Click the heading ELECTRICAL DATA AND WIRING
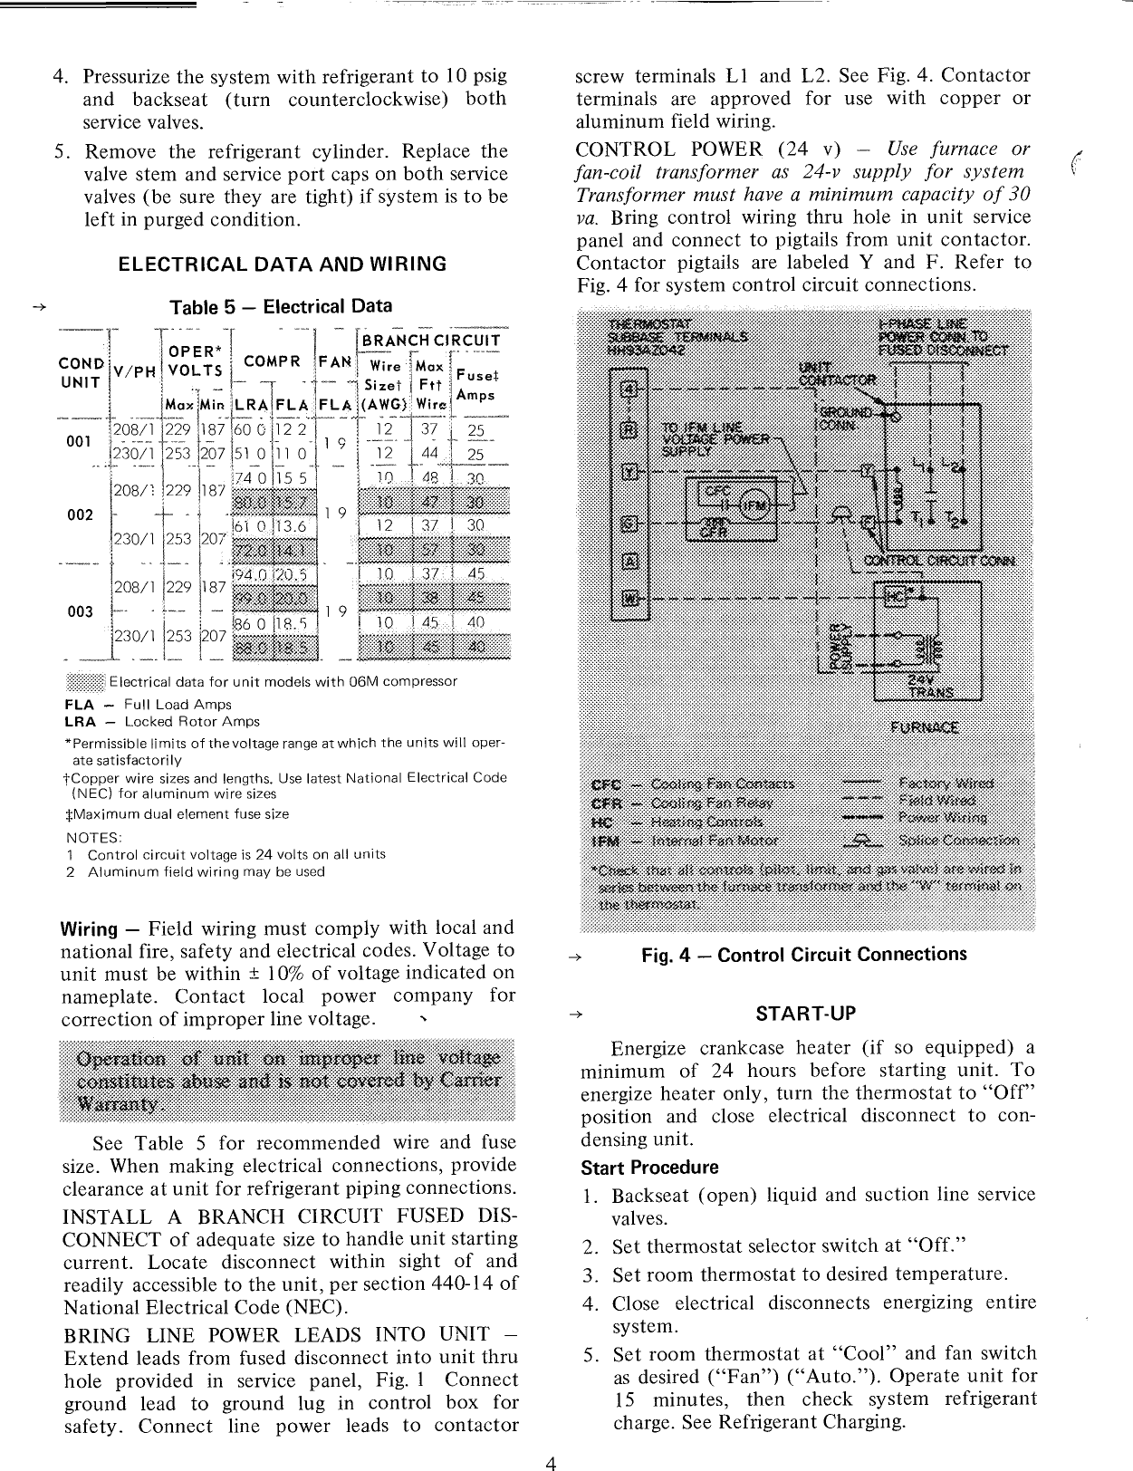(283, 264)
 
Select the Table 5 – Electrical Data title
(283, 307)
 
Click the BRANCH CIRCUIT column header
(431, 341)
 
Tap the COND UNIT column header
(80, 372)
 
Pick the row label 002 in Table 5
(81, 514)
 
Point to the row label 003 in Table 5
(81, 611)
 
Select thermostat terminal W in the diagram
(628, 599)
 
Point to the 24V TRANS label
(932, 685)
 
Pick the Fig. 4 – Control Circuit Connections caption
(803, 955)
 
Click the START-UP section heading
(805, 1013)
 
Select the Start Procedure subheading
(649, 1167)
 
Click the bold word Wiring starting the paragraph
(89, 929)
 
